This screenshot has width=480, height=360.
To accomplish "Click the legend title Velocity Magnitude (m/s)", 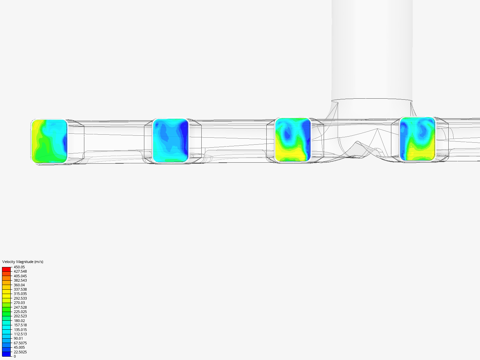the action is click(23, 262).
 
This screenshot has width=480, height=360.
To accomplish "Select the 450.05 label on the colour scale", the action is click(19, 267).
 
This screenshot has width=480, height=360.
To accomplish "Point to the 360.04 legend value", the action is click(19, 285).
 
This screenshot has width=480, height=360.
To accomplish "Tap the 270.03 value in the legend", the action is click(19, 303).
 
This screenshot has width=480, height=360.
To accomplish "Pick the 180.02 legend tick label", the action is click(19, 321).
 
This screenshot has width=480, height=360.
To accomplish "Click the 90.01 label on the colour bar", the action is click(18, 338).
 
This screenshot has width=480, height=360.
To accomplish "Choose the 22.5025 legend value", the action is click(20, 352).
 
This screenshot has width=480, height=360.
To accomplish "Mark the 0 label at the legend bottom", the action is click(15, 356).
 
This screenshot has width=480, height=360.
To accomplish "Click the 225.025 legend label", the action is click(20, 312).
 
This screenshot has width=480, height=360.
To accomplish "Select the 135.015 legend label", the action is click(20, 330).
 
